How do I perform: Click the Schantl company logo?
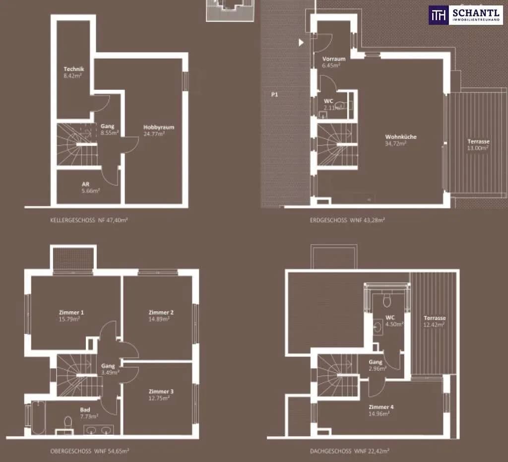[x=466, y=15]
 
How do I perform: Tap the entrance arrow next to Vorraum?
[x=301, y=42]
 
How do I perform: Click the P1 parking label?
[x=274, y=95]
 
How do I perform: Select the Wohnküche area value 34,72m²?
[x=395, y=143]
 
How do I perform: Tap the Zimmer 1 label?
[x=71, y=313]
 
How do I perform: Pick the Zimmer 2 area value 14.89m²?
[x=159, y=319]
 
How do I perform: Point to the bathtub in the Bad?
[x=38, y=418]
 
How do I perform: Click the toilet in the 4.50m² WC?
[x=387, y=301]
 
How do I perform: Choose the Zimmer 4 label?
[x=381, y=407]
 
